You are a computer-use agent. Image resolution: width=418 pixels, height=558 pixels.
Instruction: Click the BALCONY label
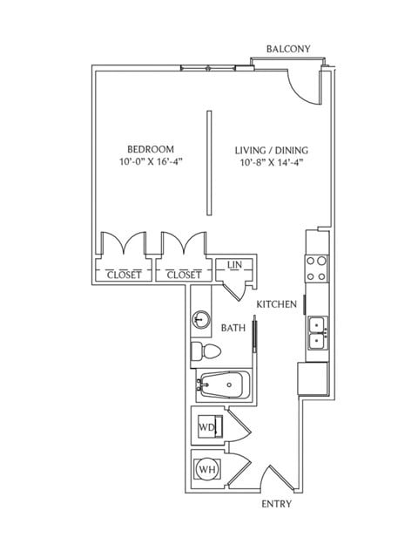(288, 49)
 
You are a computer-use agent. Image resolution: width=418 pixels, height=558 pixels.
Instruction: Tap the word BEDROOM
(151, 149)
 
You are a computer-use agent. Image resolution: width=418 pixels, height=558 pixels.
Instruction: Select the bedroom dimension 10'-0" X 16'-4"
(151, 162)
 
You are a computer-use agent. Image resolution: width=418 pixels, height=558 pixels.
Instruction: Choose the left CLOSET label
(124, 275)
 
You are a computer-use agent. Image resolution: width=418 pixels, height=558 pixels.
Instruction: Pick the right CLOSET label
(184, 275)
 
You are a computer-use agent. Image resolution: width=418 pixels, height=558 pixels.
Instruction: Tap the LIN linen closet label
(234, 265)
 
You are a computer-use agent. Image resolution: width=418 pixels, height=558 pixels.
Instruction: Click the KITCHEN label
(277, 304)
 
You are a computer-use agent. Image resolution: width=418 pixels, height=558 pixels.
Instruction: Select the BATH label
(233, 329)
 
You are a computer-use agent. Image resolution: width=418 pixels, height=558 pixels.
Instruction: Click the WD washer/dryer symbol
(207, 427)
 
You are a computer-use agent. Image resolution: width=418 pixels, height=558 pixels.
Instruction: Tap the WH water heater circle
(207, 470)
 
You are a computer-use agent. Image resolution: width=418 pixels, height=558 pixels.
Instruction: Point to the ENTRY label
(277, 504)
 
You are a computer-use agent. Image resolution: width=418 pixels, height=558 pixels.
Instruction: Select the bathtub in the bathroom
(223, 384)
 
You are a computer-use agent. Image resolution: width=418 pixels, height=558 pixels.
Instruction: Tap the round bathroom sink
(202, 321)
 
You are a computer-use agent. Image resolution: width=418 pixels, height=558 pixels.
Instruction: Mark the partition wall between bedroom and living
(207, 162)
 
